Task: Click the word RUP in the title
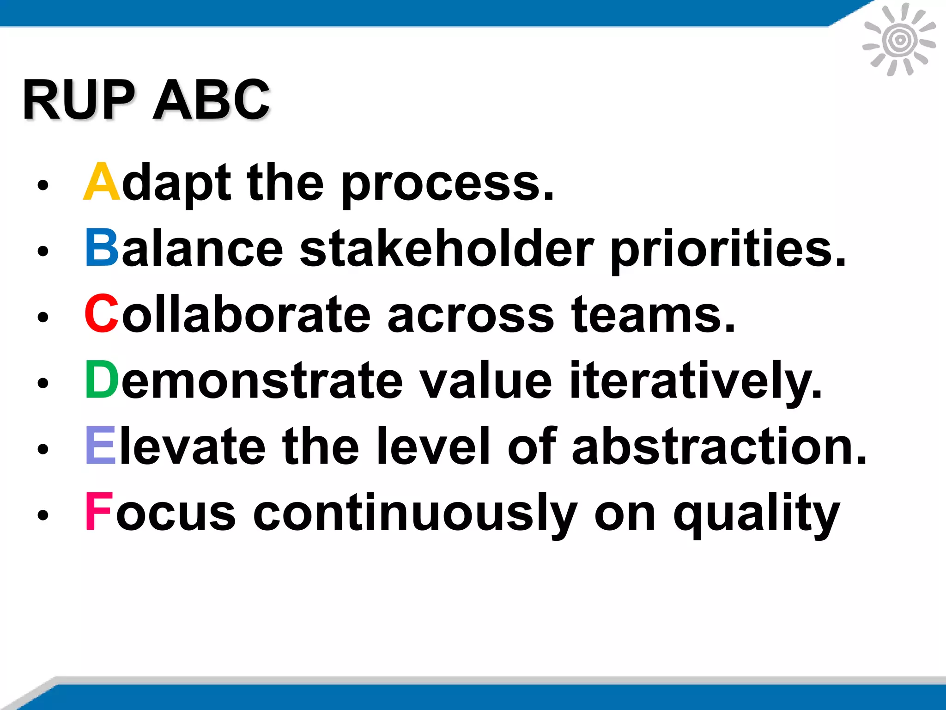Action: pyautogui.click(x=79, y=100)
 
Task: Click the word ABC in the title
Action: pyautogui.click(x=211, y=100)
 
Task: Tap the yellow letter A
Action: pyautogui.click(x=102, y=182)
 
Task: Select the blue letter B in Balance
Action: pyautogui.click(x=102, y=248)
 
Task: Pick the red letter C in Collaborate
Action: pyautogui.click(x=101, y=314)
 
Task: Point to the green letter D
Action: pyautogui.click(x=102, y=380)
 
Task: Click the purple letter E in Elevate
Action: pyautogui.click(x=100, y=446)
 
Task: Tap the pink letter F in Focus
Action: pyautogui.click(x=98, y=512)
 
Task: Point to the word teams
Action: pyautogui.click(x=653, y=315)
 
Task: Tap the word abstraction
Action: pyautogui.click(x=719, y=446)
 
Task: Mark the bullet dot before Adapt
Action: pyautogui.click(x=43, y=185)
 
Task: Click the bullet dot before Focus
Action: pyautogui.click(x=43, y=515)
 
